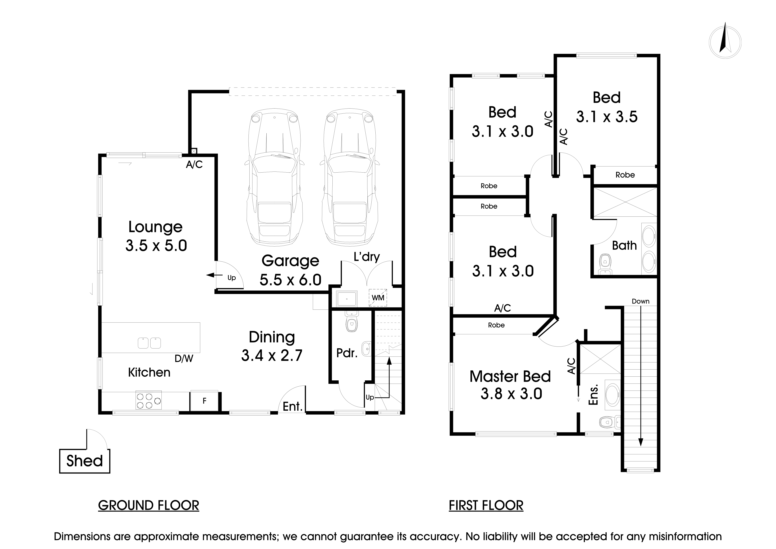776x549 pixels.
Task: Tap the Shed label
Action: coord(85,461)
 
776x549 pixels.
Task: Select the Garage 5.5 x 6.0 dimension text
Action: coord(290,280)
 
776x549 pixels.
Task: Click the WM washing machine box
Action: coord(378,298)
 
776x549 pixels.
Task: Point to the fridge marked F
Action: coord(204,401)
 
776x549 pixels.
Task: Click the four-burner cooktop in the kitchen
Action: coord(148,400)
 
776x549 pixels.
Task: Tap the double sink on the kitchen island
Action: coord(149,343)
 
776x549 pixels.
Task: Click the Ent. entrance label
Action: coord(292,406)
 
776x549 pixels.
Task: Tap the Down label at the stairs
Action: coord(640,301)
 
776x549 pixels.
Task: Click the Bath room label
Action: coord(624,245)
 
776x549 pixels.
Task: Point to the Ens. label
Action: coord(594,395)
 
